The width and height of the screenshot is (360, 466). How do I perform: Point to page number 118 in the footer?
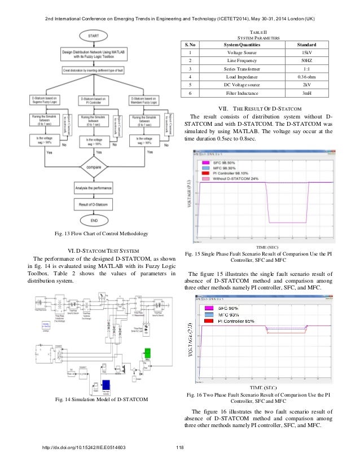click(x=180, y=449)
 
